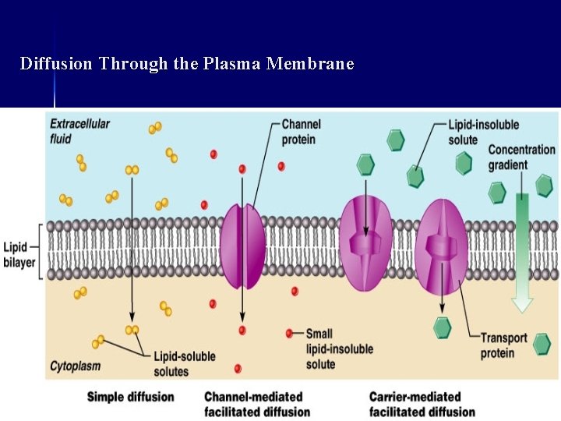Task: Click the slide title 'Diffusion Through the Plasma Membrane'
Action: coord(187,63)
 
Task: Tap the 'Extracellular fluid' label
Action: coord(79,131)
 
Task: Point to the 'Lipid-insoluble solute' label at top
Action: coord(483,131)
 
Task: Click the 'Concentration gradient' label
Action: coord(521,157)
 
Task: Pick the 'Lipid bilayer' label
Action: coord(19,254)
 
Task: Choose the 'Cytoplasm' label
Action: coord(75,365)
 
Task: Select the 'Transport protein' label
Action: coord(503,345)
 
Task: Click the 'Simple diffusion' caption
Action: coord(130,397)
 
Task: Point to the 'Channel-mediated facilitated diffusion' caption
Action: coord(256,404)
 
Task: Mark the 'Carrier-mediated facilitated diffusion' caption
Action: coord(422,404)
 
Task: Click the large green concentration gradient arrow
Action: coord(521,249)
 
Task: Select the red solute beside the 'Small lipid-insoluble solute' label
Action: coord(290,334)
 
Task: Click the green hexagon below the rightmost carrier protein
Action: coord(442,327)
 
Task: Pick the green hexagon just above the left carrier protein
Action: coord(365,165)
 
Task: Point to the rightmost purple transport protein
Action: coord(441,247)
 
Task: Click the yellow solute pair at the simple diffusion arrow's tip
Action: coord(132,330)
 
